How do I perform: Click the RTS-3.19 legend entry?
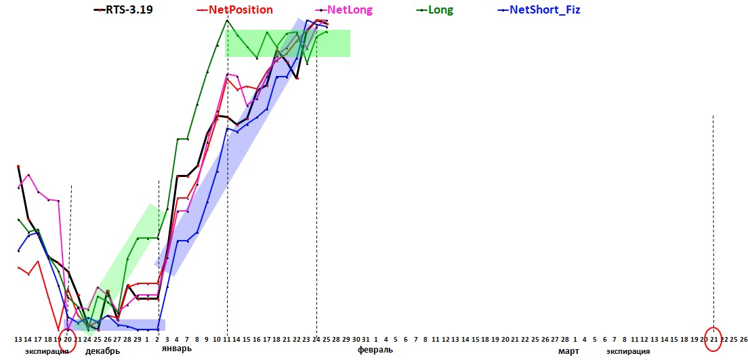point(129,9)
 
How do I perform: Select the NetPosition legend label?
point(237,9)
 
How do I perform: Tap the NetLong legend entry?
point(350,9)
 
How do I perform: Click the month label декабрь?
point(103,351)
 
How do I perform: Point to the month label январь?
point(177,348)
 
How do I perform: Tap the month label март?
point(568,351)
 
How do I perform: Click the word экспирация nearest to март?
point(628,351)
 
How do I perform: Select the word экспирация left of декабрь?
point(47,351)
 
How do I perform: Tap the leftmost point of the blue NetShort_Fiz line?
point(18,251)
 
